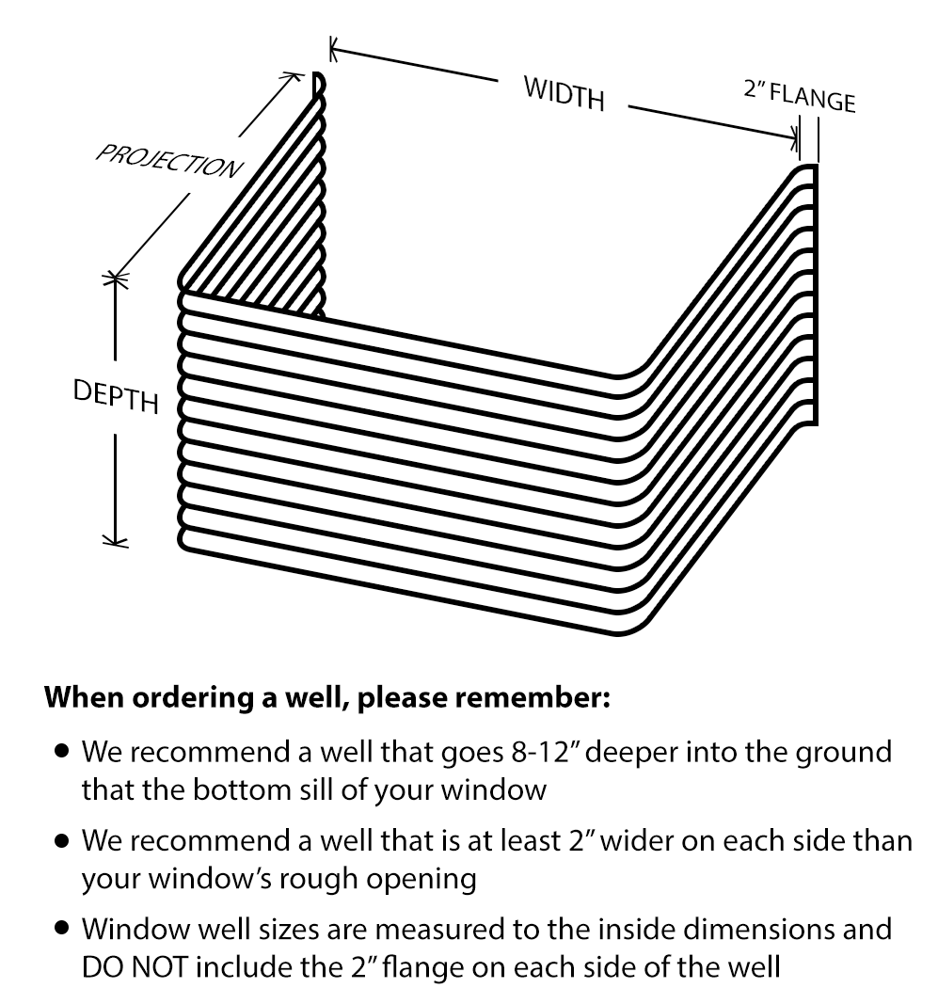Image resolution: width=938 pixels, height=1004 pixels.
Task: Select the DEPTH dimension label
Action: click(x=117, y=396)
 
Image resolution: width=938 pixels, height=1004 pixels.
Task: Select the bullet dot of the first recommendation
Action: click(x=62, y=753)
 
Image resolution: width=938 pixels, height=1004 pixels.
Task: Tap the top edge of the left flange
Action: click(x=320, y=77)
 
